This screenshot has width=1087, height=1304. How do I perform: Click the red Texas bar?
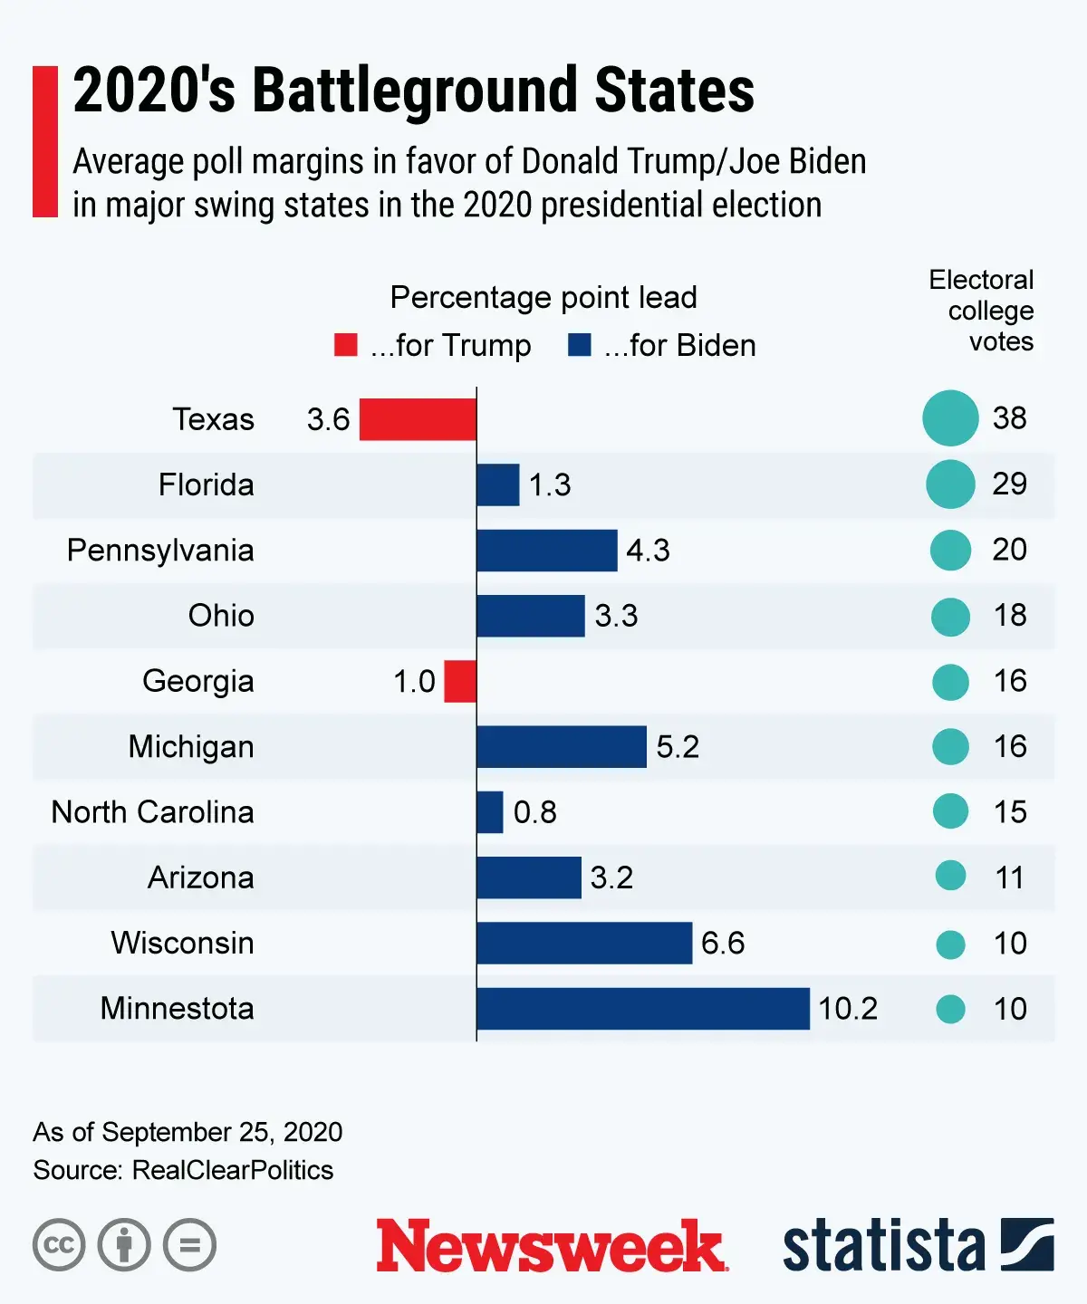coord(418,419)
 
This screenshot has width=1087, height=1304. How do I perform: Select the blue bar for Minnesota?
coord(642,1009)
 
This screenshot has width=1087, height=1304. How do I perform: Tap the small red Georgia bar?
coord(460,681)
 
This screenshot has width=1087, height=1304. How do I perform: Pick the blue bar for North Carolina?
coord(490,812)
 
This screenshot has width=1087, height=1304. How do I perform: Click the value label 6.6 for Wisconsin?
coord(723,944)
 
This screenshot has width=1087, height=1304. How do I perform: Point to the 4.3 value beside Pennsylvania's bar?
coord(648,551)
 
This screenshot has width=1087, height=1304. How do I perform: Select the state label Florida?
coord(206,485)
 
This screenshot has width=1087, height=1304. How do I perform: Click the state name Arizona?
coord(201,878)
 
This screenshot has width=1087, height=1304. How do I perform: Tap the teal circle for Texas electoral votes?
coord(950,418)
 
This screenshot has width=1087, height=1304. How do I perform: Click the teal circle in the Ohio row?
coord(950,617)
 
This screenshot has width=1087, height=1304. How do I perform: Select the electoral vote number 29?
coord(1009,484)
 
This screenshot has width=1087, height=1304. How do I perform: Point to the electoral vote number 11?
coord(1009,878)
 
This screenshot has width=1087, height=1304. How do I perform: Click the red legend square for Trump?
coord(345,345)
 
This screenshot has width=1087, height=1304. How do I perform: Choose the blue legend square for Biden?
coord(579,345)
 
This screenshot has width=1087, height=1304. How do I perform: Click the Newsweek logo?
coord(552,1246)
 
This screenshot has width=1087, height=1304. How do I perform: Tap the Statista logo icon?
coord(1027,1245)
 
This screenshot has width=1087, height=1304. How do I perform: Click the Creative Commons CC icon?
coord(59,1245)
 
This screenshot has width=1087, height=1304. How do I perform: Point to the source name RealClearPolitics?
coord(233,1170)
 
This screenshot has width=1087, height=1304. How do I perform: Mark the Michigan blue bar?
coord(562,747)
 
